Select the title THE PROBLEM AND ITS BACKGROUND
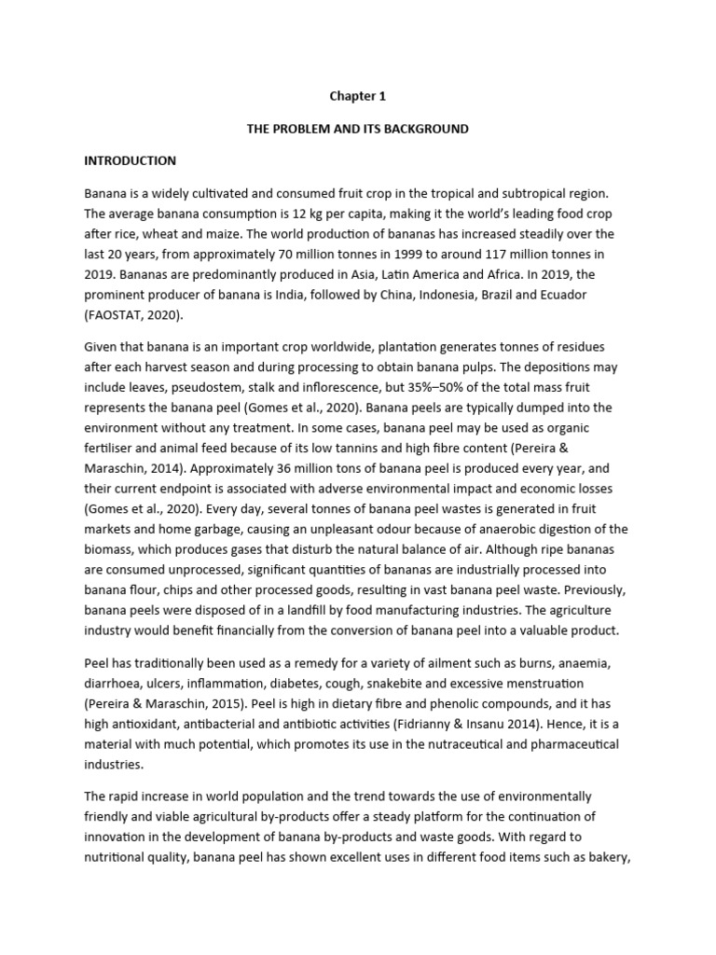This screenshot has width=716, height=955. tap(357, 128)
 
